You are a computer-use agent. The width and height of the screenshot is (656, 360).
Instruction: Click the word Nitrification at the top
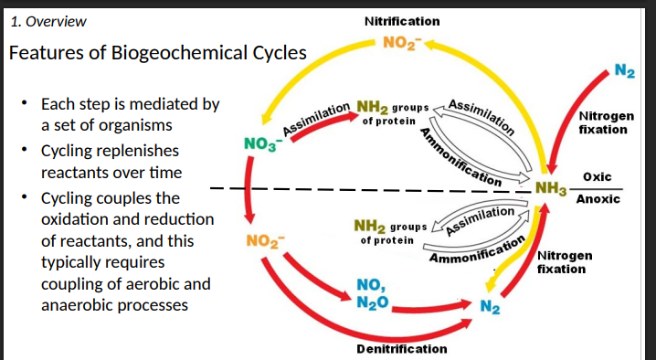pos(401,21)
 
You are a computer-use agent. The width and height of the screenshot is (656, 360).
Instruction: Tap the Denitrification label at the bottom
pos(401,349)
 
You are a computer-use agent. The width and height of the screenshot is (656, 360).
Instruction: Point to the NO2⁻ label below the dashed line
pos(266,242)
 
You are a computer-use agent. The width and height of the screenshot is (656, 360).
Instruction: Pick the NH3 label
pos(552,189)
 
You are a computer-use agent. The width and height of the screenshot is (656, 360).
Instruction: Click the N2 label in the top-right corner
pos(625,71)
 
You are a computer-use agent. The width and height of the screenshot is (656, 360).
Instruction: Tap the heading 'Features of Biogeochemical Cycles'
pos(157,52)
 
